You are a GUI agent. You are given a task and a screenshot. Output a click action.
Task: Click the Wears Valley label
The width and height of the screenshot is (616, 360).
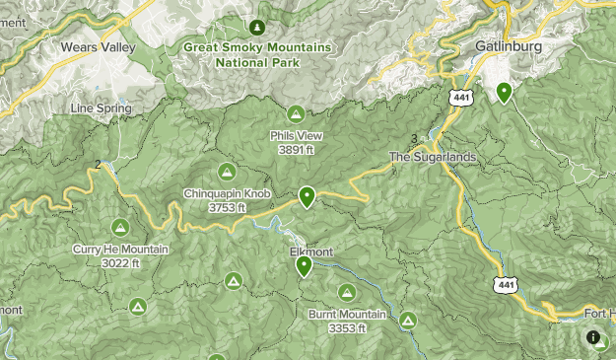coord(96,46)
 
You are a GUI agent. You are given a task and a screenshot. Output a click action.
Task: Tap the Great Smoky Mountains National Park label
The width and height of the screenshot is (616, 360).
coord(256,53)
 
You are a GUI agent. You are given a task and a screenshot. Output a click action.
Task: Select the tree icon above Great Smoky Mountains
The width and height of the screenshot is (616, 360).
coord(257,26)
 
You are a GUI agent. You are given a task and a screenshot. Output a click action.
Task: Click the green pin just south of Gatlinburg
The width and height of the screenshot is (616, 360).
coord(504,93)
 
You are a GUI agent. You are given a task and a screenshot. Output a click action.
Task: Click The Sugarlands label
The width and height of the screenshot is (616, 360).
coord(433,157)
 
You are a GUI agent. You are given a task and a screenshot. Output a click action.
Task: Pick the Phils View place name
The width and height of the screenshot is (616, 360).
coord(296,137)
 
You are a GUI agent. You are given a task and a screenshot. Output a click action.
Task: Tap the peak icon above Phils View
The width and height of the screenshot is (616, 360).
coord(296,114)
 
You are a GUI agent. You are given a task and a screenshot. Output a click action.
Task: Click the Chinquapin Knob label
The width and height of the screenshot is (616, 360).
coord(226,193)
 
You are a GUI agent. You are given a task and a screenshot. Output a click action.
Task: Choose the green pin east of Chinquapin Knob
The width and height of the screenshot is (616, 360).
coord(308,197)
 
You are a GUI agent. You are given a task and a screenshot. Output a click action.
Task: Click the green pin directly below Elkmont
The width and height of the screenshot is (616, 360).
coord(304,265)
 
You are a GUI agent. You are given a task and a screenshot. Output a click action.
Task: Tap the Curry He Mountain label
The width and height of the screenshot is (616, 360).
coord(120,250)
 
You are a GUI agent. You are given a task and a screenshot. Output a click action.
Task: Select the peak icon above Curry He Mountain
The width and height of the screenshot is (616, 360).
coord(120,227)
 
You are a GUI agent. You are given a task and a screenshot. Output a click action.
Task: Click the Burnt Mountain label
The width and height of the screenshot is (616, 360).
coord(347,314)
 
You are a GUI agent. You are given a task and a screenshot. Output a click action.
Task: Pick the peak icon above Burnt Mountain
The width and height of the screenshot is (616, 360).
coord(347,292)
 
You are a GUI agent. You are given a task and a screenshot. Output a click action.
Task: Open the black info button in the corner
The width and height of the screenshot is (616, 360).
coord(594,338)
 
